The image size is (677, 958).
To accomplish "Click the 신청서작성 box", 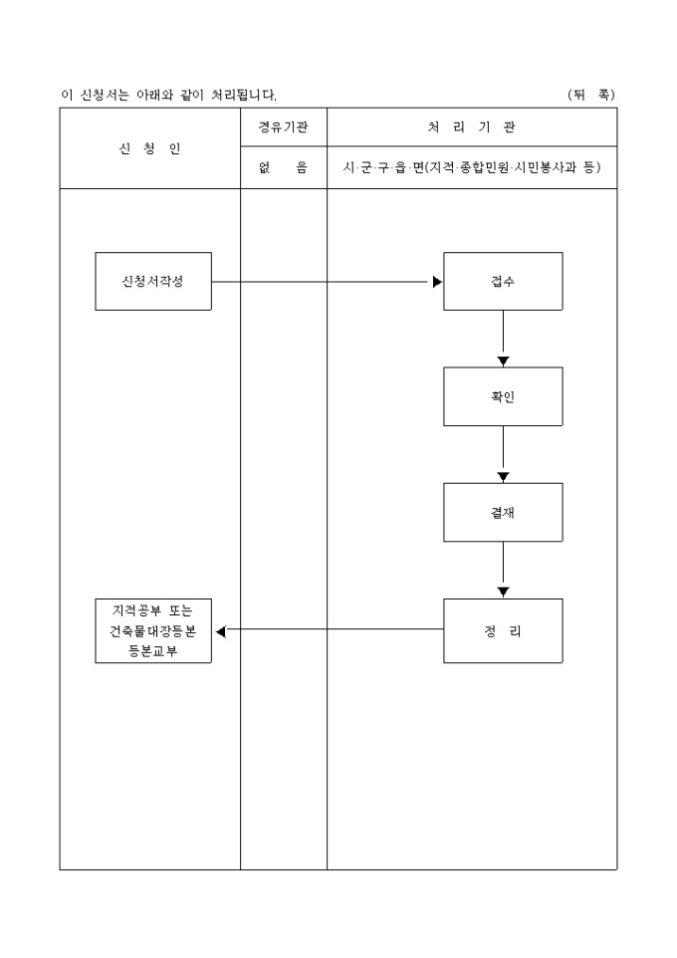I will click(x=153, y=281).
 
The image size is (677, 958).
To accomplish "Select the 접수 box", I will click(x=503, y=281).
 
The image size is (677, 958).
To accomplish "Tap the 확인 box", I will click(x=503, y=396).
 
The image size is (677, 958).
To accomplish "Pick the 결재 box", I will click(x=503, y=512).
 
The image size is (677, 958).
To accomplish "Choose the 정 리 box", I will click(x=503, y=630).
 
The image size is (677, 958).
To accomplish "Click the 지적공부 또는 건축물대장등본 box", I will click(x=153, y=630).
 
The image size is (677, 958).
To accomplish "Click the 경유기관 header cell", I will click(x=284, y=127).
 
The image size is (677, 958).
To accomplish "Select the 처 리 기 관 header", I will click(x=472, y=127).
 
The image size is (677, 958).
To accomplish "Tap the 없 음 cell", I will click(x=284, y=167).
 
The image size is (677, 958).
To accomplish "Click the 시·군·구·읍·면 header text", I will click(x=382, y=167).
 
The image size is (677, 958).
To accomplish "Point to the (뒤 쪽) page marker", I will click(x=591, y=95).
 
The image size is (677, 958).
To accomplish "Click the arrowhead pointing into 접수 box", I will click(x=437, y=282).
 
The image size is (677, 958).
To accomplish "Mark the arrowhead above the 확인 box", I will click(x=503, y=360).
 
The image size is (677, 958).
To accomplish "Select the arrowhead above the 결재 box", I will click(x=503, y=477).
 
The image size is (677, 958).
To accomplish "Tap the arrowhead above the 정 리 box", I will click(x=503, y=593).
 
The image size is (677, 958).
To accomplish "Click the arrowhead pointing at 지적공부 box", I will click(x=220, y=630).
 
